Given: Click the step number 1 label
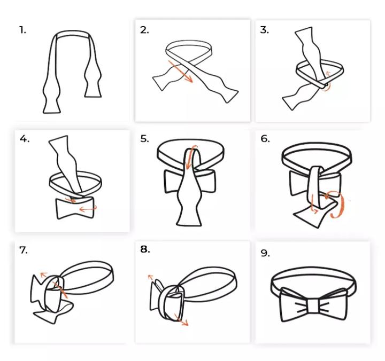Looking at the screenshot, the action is [x=22, y=30].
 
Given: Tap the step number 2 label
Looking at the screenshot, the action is [x=144, y=30].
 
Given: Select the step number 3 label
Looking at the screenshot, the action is [x=265, y=30].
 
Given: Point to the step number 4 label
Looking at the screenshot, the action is [x=24, y=139].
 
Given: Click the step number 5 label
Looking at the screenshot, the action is [x=144, y=139].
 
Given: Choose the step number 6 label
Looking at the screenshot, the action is [x=265, y=139].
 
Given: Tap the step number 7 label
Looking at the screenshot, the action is [x=24, y=250].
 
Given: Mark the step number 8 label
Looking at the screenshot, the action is [x=145, y=249].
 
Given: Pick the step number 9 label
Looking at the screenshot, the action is [x=265, y=253].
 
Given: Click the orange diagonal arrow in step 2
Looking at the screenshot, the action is [x=181, y=72].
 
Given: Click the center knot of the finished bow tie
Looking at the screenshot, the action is [x=314, y=305].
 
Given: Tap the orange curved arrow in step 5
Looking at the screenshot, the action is [x=190, y=157].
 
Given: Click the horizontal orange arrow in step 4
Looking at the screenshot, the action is [x=88, y=209].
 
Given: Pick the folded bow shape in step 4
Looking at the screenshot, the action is [x=75, y=208].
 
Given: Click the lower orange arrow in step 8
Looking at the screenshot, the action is [x=181, y=319].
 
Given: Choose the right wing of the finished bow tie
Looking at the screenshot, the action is [x=334, y=304].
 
